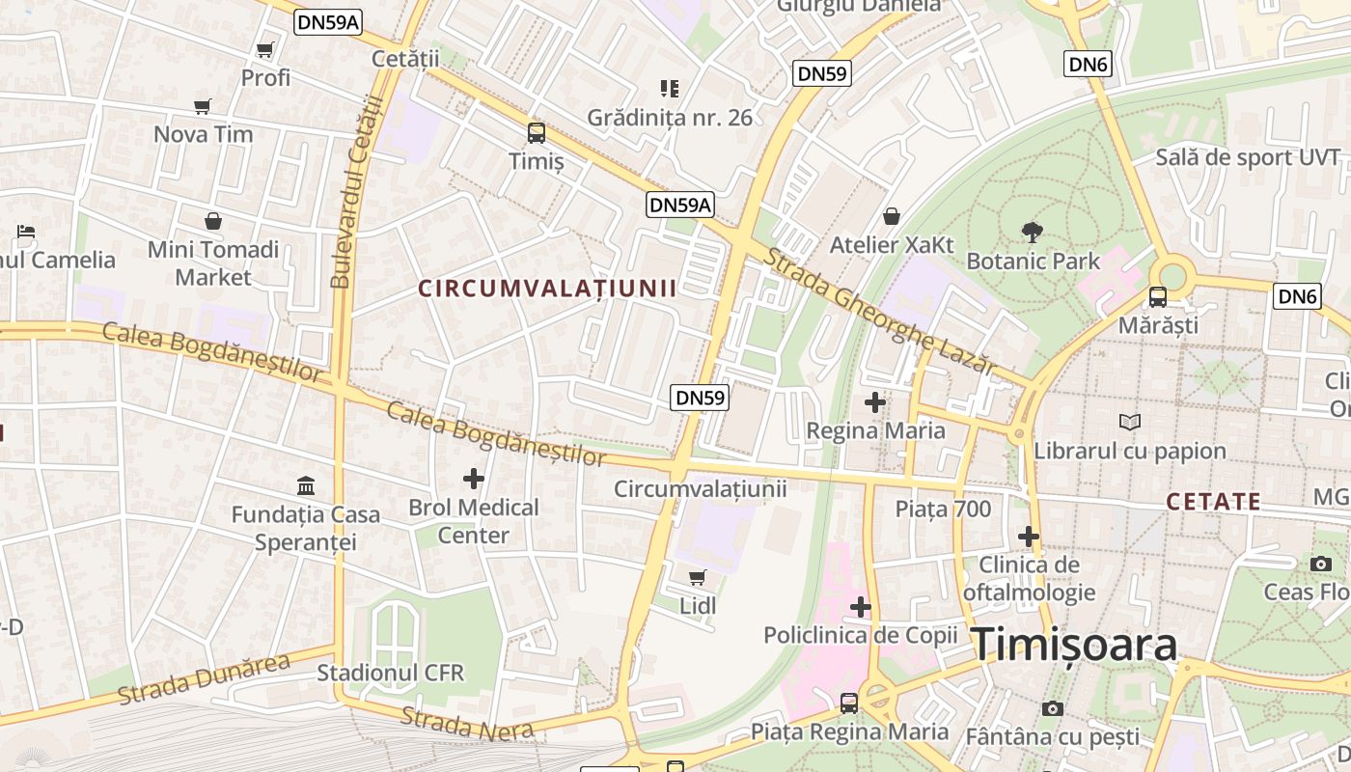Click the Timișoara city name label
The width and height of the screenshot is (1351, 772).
[x=1073, y=645]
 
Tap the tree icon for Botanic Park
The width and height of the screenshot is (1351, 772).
[x=1033, y=232]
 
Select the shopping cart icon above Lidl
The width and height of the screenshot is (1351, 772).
[x=697, y=578]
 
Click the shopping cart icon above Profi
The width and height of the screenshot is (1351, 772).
[x=265, y=49]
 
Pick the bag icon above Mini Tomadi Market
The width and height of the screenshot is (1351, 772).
[x=213, y=221]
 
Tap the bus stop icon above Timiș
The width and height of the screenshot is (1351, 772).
[x=536, y=133]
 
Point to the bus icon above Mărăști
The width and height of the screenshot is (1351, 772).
[x=1157, y=297]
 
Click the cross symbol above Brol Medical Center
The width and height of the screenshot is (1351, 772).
[x=474, y=478]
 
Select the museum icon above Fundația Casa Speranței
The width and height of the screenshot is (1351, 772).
[x=306, y=485]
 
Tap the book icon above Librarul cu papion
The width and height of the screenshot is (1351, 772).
[x=1130, y=422]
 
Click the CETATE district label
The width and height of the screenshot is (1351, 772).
[x=1213, y=502]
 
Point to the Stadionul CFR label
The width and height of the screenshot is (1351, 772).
[x=391, y=673]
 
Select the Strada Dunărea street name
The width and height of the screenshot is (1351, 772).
[x=204, y=678]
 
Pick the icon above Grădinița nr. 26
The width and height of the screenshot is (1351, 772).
[x=670, y=89]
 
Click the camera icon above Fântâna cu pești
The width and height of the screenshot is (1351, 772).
[x=1053, y=709]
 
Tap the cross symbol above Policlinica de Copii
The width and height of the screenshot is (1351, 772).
[x=860, y=607]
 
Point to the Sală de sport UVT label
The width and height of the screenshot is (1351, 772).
[x=1248, y=157]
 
